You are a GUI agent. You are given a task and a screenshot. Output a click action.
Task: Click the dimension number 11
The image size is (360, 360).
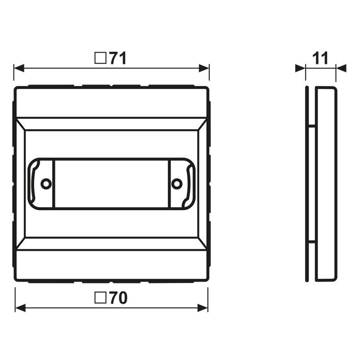[x=320, y=58]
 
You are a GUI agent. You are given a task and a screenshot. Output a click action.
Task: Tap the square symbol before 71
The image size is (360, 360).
[x=100, y=58]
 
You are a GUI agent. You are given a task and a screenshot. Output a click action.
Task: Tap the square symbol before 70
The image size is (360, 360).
[x=100, y=298]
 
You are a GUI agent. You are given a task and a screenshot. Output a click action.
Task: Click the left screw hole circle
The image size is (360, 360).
[x=45, y=183]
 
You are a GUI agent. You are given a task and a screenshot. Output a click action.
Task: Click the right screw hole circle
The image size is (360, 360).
[x=177, y=183]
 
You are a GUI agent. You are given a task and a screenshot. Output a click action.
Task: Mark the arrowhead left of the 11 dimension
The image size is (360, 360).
[x=300, y=68]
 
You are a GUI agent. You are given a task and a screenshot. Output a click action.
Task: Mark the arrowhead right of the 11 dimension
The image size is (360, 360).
[x=341, y=68]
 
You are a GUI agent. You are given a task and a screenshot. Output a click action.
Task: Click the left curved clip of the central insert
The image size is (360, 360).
[x=33, y=183]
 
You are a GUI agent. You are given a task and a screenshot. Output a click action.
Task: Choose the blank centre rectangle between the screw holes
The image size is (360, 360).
[x=111, y=183]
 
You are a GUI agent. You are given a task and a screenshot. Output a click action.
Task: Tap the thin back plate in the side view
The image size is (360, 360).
[x=307, y=184]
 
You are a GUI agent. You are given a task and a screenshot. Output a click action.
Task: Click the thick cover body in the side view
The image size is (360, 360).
[x=325, y=184]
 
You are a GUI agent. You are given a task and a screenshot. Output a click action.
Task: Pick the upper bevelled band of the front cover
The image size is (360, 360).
[x=111, y=124]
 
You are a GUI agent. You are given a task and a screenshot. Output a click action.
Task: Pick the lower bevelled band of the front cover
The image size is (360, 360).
[x=111, y=243]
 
